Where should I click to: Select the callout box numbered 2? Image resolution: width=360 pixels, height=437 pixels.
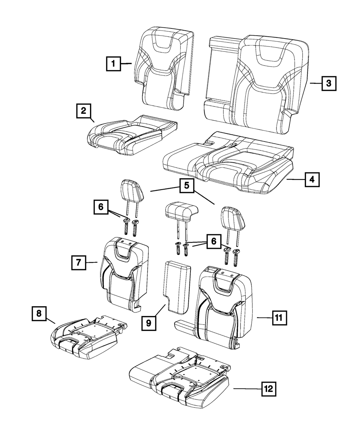coord(83,111)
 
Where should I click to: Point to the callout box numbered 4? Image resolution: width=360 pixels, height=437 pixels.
coord(312,179)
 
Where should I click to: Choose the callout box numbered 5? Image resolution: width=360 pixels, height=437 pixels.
coord(186,186)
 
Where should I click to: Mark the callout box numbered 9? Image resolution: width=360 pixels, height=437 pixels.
coord(148,323)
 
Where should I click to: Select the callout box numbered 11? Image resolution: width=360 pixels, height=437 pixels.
coord(278,317)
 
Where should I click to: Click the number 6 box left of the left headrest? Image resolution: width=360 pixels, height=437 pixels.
coord(101,207)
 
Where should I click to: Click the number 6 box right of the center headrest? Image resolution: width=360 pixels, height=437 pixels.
coord(214,241)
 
